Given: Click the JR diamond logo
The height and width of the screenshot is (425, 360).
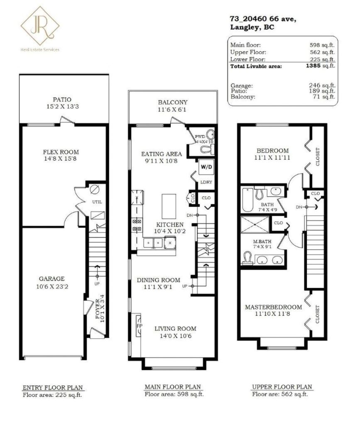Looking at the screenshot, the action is [40, 26].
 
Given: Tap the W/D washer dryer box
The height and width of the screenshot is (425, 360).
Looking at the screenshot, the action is [206, 167].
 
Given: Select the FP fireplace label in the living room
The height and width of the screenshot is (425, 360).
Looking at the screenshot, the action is [140, 325].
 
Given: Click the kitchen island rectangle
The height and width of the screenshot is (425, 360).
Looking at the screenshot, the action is [169, 206].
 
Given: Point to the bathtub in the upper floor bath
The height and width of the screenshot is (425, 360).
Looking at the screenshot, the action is [247, 200].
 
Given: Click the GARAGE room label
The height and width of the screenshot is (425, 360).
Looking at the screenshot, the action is [52, 278].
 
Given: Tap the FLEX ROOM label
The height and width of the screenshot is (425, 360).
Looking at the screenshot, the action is [61, 152].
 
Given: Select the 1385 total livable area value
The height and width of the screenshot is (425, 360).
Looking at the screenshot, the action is [313, 66].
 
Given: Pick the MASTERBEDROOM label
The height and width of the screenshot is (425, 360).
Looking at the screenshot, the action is [273, 307].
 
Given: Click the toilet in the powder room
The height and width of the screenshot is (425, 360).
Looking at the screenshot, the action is [208, 149].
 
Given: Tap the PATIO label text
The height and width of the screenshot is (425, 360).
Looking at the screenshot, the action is [62, 100].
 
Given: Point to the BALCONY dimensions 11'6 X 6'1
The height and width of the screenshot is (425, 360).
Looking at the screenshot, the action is [172, 110].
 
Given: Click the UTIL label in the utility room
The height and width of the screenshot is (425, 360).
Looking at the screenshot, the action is [97, 202].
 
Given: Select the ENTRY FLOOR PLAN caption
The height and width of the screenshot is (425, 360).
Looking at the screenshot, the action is [53, 388].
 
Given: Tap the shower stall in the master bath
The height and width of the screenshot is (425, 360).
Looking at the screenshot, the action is [255, 225].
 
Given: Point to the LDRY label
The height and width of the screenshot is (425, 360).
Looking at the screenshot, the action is [206, 182].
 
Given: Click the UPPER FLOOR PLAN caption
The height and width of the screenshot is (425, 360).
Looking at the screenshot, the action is [282, 387].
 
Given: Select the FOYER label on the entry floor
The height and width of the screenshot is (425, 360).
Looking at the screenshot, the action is [98, 309].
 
